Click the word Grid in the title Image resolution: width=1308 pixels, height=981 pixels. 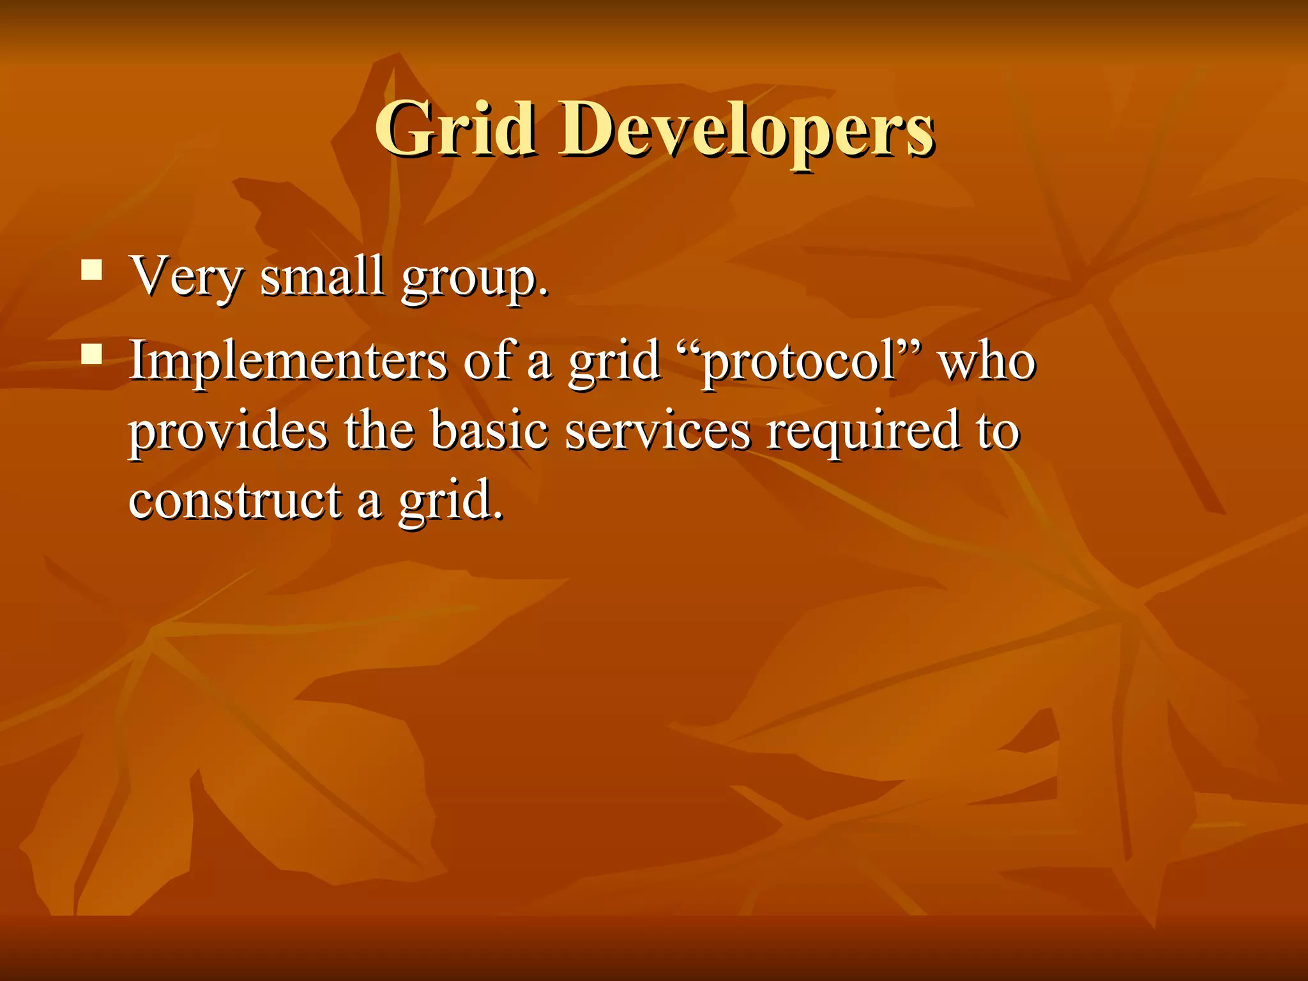455,130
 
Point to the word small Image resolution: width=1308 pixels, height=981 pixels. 322,276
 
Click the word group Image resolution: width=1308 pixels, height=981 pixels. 474,280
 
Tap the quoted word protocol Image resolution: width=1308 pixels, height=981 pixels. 798,363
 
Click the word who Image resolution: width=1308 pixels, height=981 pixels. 986,361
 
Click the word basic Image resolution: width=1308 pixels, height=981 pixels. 489,430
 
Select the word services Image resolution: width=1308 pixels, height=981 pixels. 658,430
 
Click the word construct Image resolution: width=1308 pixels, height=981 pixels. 235,500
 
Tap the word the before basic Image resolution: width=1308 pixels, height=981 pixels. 379,430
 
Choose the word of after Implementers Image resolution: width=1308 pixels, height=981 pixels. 489,360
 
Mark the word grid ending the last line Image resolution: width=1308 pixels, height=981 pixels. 450,501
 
